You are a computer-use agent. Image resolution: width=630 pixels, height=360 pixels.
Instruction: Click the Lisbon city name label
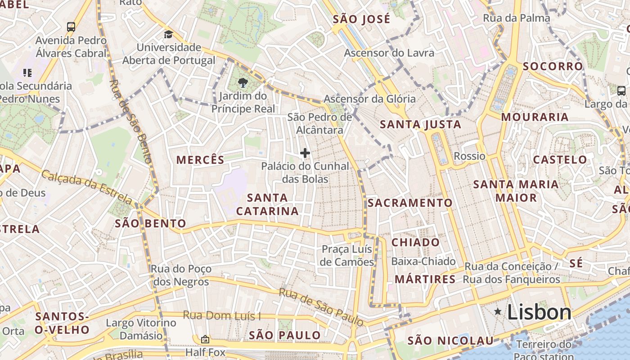[539, 312]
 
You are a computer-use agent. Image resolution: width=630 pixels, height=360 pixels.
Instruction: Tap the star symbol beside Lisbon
[498, 311]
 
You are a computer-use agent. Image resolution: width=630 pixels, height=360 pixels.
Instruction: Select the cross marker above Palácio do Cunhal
[305, 153]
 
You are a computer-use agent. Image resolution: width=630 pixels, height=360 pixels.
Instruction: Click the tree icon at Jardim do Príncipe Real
[243, 82]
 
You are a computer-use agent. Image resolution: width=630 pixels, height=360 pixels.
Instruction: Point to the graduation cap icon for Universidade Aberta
[168, 34]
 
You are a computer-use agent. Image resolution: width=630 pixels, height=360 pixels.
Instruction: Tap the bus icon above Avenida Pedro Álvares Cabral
[71, 27]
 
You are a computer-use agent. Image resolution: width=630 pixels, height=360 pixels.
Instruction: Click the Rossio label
[469, 156]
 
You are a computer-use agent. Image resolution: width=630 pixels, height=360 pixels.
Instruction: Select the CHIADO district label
[415, 242]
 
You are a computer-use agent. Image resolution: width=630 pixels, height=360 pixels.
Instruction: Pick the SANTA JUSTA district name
[420, 125]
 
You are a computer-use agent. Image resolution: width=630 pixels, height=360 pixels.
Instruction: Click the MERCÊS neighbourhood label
[200, 160]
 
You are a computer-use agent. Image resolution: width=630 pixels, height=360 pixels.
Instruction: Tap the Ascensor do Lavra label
[389, 53]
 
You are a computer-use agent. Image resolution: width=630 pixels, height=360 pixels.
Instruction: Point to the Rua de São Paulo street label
[321, 306]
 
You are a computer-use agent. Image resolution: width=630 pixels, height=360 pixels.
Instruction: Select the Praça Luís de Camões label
[347, 256]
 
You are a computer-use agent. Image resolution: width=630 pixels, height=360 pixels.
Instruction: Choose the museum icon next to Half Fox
[205, 339]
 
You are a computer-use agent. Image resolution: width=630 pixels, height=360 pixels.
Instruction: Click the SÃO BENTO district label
[150, 223]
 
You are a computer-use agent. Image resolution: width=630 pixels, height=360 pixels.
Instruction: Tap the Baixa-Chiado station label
[423, 261]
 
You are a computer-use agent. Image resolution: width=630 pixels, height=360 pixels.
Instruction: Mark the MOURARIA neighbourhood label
[535, 117]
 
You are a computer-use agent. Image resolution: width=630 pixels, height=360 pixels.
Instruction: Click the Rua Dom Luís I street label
[221, 315]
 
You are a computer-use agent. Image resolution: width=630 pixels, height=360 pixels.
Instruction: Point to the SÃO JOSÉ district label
[361, 19]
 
